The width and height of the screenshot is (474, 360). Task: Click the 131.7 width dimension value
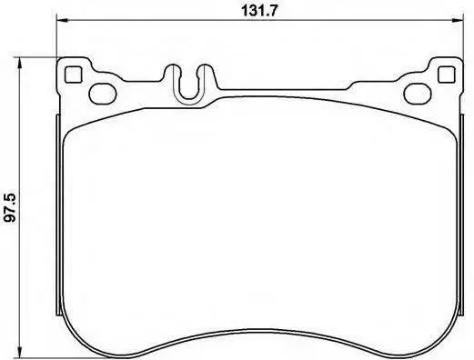pos(259,11)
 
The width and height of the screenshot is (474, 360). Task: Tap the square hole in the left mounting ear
pos(74,75)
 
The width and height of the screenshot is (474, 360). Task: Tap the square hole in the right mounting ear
pos(447,75)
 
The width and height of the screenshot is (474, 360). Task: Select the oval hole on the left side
pos(103,94)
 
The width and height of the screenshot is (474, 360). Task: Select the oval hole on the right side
pos(418,94)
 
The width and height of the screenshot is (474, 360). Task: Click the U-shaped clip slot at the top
pos(188,85)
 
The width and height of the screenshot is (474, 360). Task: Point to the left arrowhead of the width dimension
pos(62,21)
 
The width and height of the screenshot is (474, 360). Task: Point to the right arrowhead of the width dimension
pos(458,21)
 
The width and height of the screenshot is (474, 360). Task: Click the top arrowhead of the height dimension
pos(19,63)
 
